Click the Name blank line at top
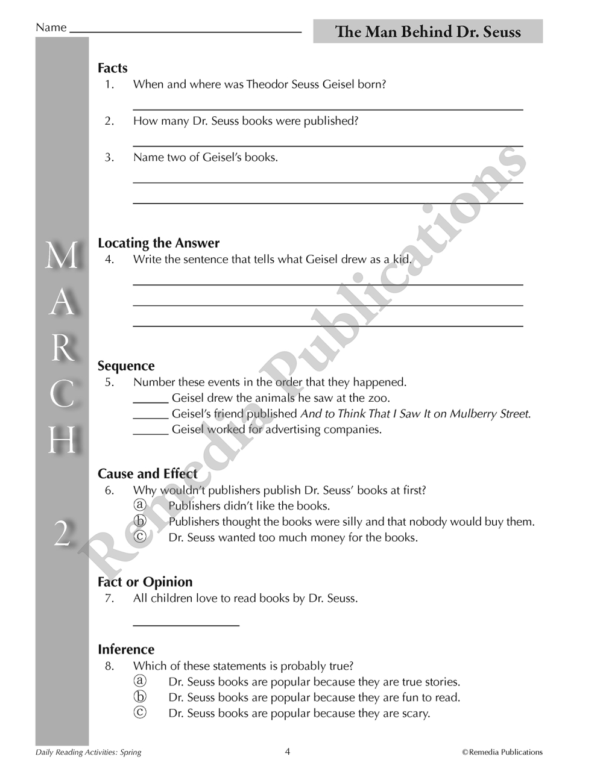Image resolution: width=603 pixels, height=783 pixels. tap(186, 31)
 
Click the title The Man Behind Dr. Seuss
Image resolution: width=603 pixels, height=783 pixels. tap(428, 32)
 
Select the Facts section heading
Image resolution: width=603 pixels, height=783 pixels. tap(113, 68)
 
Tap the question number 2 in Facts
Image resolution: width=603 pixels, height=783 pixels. tap(109, 121)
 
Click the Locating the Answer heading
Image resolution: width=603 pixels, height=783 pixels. tap(159, 243)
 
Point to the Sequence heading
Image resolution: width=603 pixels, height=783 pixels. tap(126, 366)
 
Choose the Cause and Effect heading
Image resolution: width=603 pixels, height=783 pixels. tap(148, 474)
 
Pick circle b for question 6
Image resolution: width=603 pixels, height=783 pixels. tap(140, 521)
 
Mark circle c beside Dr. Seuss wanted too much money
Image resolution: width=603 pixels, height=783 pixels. tap(140, 537)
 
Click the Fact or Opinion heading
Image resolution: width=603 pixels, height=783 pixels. tap(145, 582)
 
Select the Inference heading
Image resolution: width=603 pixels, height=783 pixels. tap(126, 649)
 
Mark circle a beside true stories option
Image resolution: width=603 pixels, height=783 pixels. tap(140, 681)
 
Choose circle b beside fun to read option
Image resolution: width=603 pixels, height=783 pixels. tap(140, 697)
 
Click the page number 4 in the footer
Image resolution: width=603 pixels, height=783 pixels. tap(288, 751)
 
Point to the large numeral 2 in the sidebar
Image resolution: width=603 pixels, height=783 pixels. tap(62, 533)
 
